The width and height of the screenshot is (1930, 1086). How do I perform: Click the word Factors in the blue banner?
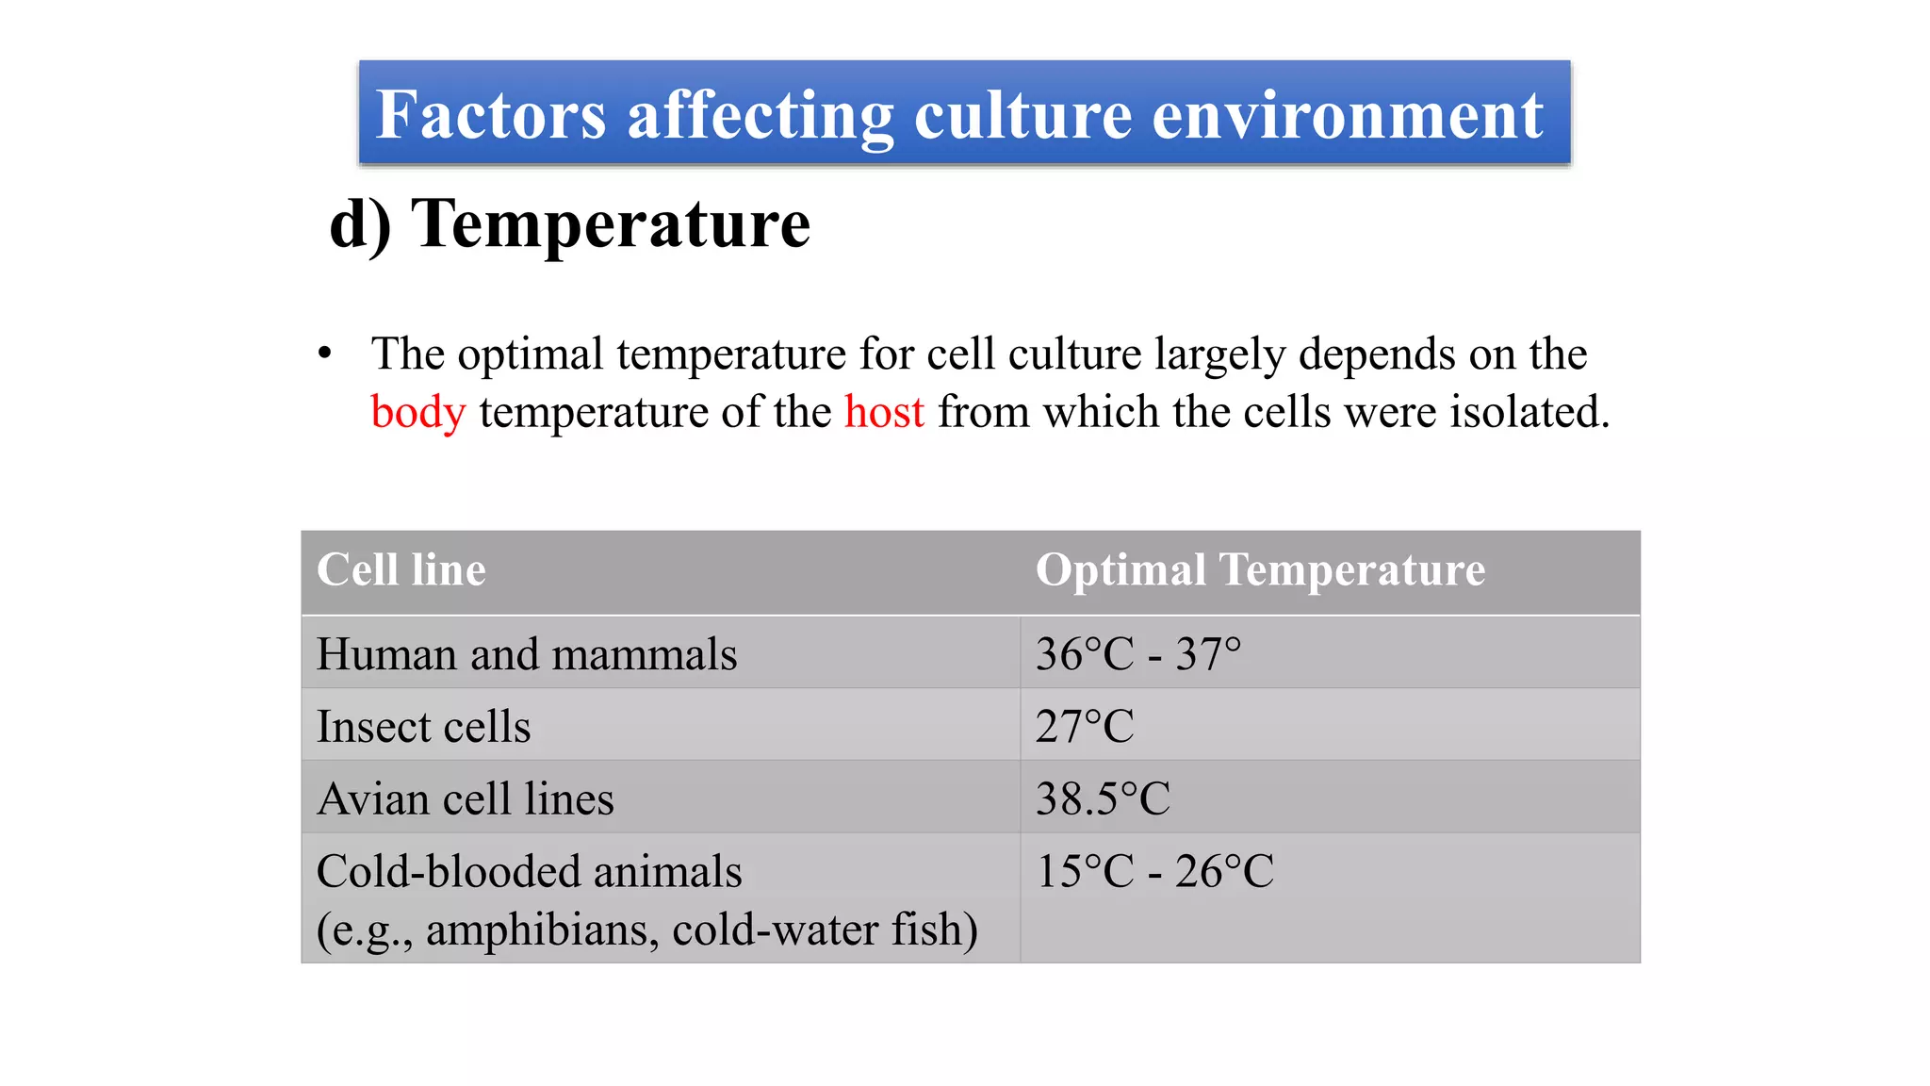click(x=490, y=115)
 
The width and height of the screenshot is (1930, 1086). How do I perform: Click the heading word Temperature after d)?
click(x=611, y=224)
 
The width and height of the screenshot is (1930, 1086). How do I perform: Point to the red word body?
click(x=417, y=413)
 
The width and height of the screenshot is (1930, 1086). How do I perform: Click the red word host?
click(x=884, y=413)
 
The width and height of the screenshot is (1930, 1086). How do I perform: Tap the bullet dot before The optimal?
click(x=325, y=354)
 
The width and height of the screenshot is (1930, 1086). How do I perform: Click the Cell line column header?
click(x=401, y=570)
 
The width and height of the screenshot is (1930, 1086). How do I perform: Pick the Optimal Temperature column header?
click(x=1260, y=570)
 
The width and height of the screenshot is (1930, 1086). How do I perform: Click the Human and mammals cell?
click(x=527, y=654)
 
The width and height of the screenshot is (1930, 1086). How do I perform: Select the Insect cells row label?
click(x=423, y=727)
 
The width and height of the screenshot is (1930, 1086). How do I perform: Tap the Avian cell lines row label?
click(x=466, y=799)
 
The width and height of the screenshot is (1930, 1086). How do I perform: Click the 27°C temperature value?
click(x=1085, y=727)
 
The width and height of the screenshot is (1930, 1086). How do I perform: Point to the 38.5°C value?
click(x=1103, y=799)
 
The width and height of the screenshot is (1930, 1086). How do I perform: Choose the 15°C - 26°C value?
click(x=1154, y=872)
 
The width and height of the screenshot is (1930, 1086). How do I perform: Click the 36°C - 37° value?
click(x=1138, y=654)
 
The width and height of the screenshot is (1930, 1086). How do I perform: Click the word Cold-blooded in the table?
click(x=448, y=872)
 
